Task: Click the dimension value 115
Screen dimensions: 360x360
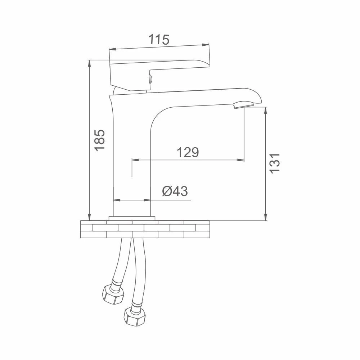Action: coord(159,40)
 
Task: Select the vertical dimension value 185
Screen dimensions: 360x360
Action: coord(100,140)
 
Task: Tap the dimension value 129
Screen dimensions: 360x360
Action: coord(188,152)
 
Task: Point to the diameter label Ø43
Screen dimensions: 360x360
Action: coord(175,191)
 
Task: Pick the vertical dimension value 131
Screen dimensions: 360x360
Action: coord(275,163)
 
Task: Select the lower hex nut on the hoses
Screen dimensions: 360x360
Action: coord(135,316)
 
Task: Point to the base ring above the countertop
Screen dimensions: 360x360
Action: coord(132,218)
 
